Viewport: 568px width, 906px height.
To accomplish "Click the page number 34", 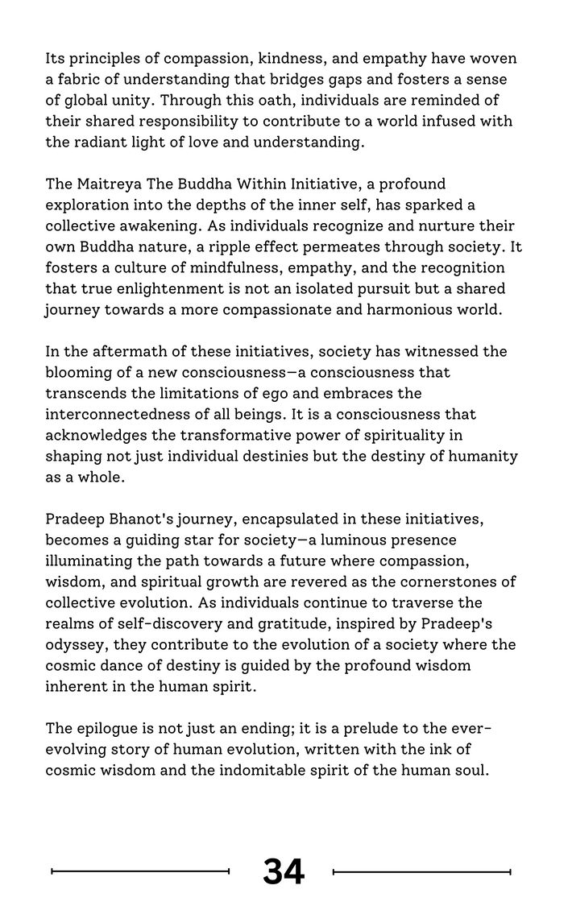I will pos(284,871).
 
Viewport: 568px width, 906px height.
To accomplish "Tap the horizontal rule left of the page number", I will pos(140,871).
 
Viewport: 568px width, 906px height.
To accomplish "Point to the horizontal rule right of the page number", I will pos(421,871).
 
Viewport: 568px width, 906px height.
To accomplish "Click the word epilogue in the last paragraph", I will pos(107,729).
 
